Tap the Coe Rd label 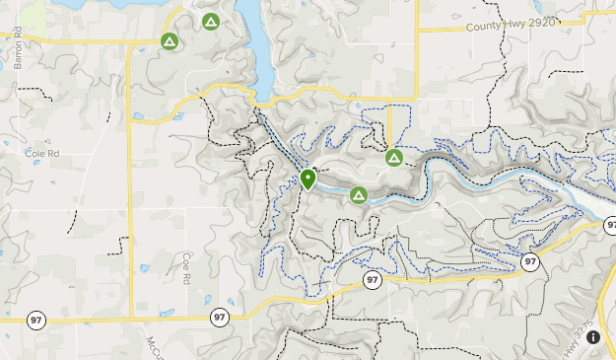tap(185, 267)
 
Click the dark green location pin tap(308, 180)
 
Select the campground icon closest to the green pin tap(359, 195)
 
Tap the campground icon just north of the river tap(394, 157)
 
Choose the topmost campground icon tap(210, 21)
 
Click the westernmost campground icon tap(170, 41)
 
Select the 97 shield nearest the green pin tap(372, 281)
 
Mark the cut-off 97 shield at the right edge tap(611, 226)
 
